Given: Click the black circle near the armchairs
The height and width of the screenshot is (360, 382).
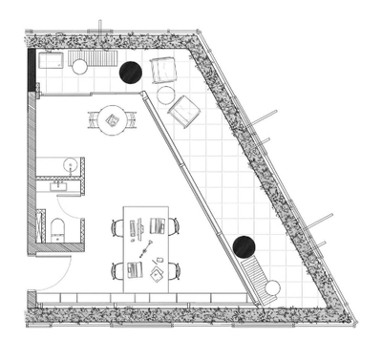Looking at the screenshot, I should tap(129, 71).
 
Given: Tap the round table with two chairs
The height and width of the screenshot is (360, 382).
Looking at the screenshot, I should tap(112, 120).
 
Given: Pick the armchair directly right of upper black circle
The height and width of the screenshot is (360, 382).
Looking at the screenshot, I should tap(162, 70).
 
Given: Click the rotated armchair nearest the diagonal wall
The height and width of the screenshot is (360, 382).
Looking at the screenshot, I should tap(183, 112).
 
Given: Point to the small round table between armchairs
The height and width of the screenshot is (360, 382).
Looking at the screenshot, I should tap(166, 95).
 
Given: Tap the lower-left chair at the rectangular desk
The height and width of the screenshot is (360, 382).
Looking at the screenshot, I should tap(118, 270).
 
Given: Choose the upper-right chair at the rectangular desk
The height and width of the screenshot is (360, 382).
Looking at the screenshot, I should tap(173, 226).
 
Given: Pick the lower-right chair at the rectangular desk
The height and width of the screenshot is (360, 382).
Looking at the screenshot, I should tap(173, 270).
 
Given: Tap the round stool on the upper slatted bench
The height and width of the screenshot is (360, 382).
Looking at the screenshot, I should tap(80, 66).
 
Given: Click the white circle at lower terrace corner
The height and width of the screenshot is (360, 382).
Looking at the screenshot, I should tap(274, 286).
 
